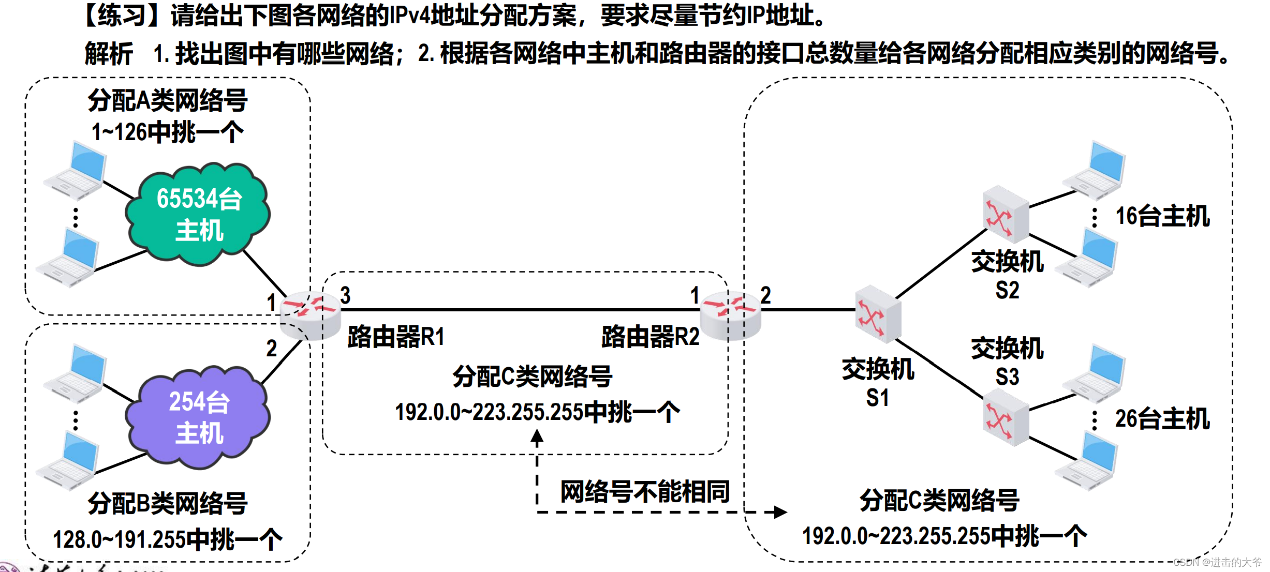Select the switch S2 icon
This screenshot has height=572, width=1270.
1006,214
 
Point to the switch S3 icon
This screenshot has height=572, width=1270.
1006,417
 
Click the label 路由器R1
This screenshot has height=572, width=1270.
396,337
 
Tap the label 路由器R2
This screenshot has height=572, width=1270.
650,337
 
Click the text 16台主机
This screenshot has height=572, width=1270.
1162,216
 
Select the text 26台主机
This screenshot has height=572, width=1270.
1162,419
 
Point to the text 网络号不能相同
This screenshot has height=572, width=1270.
645,491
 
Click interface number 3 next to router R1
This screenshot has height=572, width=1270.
345,295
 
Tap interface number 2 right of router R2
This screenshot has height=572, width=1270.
765,295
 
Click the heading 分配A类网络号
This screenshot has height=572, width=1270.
168,100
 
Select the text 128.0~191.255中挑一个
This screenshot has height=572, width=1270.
168,539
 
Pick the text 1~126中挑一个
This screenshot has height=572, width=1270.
168,132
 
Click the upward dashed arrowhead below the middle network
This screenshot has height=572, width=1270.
537,438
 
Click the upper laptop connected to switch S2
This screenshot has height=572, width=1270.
1095,170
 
